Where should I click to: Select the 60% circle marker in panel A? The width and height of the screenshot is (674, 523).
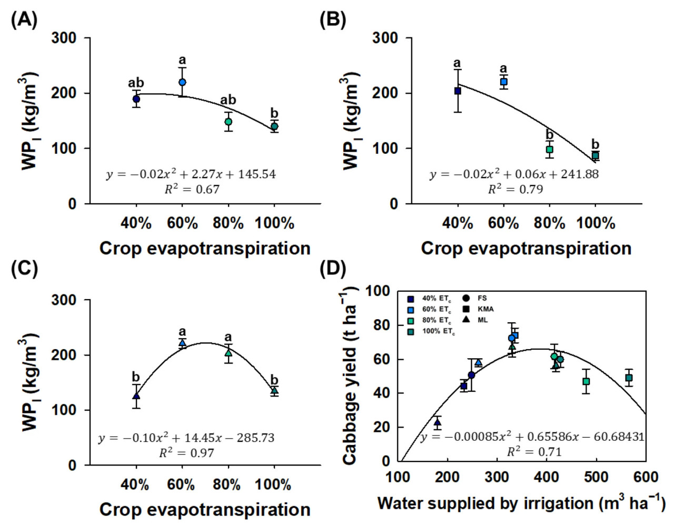point(182,82)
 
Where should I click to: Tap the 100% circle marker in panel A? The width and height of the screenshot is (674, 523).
point(274,126)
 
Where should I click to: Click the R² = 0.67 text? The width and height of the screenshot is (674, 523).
point(192,189)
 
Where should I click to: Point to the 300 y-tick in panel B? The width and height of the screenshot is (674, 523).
point(385,38)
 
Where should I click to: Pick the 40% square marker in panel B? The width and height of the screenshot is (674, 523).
point(458,91)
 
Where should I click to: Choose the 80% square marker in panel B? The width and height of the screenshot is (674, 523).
point(549,150)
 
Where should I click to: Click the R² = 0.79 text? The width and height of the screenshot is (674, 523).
point(515,189)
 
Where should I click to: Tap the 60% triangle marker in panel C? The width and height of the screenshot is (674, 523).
point(182,343)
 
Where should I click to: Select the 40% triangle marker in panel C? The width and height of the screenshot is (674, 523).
point(136,396)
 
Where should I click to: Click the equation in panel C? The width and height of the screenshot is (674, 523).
point(186,438)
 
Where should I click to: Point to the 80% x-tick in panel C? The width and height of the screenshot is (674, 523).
point(227,484)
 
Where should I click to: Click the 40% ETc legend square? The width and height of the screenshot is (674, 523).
point(411,299)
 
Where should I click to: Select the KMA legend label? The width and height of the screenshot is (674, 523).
point(485,309)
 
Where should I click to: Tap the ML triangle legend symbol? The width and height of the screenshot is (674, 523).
point(466,320)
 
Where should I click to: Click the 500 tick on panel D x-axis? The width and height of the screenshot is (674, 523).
point(596,477)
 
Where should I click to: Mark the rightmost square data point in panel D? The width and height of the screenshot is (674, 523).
point(629,378)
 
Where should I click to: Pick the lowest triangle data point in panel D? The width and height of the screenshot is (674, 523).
point(437,422)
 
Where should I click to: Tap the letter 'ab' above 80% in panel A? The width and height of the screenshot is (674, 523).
point(228,100)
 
